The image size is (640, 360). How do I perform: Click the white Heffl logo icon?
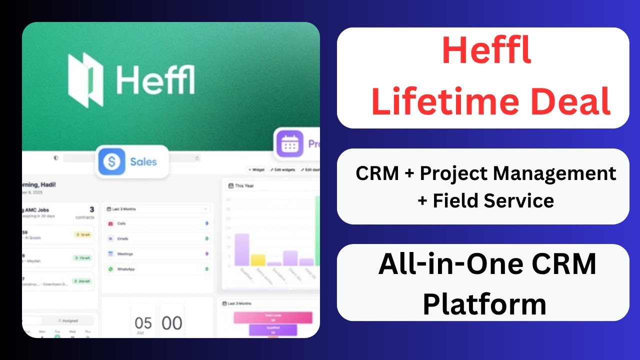(x=85, y=80)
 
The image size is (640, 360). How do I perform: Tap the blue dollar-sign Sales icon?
(x=111, y=161)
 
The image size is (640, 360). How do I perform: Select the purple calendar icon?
(x=289, y=144)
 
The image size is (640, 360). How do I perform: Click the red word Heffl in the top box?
(x=486, y=52)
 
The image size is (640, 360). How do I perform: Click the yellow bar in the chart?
(x=258, y=259)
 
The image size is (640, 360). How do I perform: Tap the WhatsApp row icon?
(x=110, y=269)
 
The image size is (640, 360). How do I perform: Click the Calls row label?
(x=121, y=223)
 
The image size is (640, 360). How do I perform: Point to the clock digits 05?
(x=143, y=323)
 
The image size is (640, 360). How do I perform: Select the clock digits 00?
(x=171, y=323)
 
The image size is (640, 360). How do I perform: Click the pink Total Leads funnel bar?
(x=272, y=317)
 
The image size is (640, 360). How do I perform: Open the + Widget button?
(x=256, y=170)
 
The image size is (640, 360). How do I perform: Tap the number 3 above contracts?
(x=91, y=209)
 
